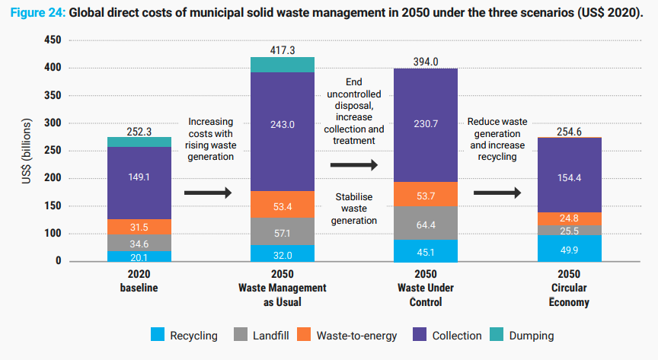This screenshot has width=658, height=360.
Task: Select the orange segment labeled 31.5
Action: point(139,227)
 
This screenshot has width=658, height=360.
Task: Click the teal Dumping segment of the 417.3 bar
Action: point(283,64)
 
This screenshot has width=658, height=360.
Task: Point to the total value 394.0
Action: point(425,62)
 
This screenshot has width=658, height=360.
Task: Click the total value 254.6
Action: point(569,131)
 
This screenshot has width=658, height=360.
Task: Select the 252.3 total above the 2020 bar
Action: point(139,131)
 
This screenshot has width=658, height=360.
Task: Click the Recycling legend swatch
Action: point(158,335)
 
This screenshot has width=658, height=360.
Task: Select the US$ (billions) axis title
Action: point(27,151)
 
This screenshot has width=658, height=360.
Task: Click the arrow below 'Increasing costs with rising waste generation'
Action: point(207,193)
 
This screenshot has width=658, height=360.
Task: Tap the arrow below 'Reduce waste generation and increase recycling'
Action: point(497,192)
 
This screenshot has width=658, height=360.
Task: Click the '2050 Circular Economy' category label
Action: point(569,288)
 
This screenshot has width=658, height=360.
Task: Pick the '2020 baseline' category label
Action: point(139,282)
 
